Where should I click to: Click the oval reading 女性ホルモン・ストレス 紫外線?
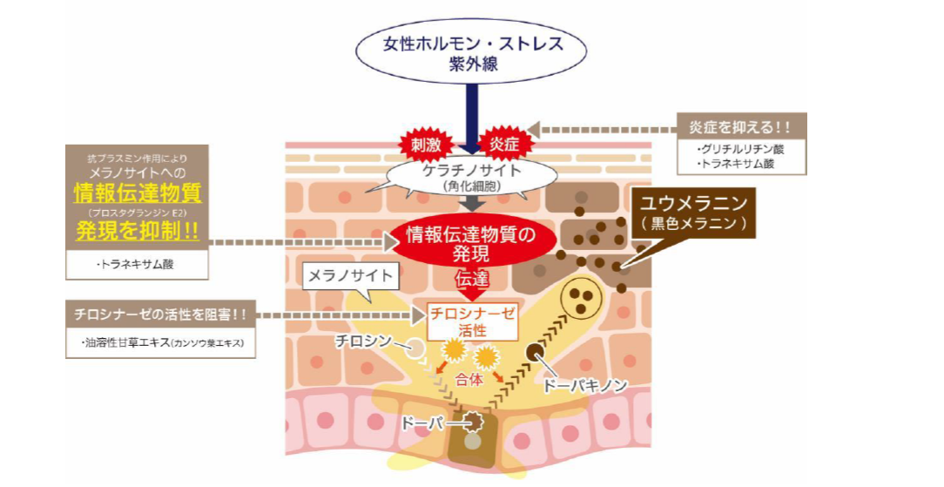(x=470, y=51)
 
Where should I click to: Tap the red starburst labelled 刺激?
(x=426, y=145)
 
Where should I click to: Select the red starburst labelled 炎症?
(x=504, y=145)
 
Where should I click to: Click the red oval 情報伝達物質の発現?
(x=471, y=243)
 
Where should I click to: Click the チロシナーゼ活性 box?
(x=472, y=321)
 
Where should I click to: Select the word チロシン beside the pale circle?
(x=364, y=342)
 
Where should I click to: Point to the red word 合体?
(x=469, y=381)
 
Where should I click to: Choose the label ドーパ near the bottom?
(x=421, y=423)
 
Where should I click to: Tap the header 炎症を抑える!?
(x=741, y=127)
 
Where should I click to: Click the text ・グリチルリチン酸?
(x=740, y=149)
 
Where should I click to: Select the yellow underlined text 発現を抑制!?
(x=138, y=231)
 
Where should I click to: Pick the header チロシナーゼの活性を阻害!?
(x=160, y=315)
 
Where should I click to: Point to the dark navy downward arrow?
(x=472, y=118)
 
